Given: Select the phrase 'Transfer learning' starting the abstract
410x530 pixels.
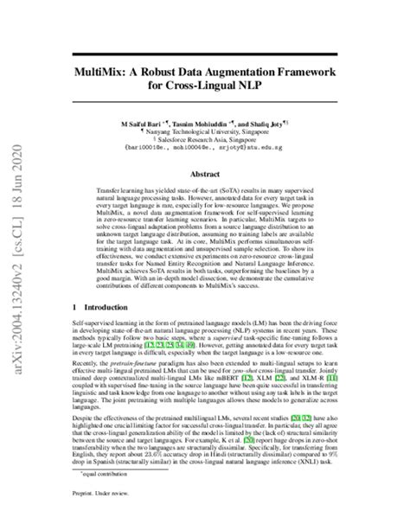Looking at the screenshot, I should (120, 188).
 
